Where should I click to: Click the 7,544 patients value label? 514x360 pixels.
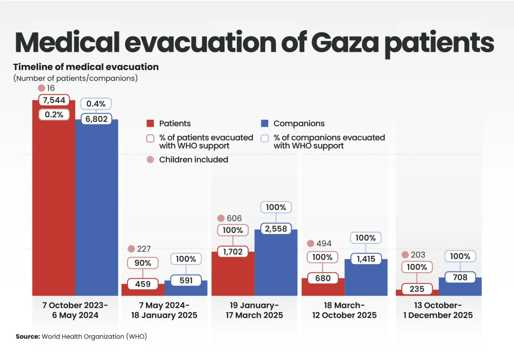(x=54, y=100)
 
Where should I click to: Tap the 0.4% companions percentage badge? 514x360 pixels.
(x=96, y=104)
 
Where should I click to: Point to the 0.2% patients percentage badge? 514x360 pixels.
(x=54, y=114)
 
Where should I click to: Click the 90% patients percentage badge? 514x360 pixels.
(x=142, y=263)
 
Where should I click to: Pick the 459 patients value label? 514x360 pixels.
(x=142, y=284)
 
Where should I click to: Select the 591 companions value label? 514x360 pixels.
(x=186, y=280)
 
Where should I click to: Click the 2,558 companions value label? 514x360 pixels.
(x=276, y=229)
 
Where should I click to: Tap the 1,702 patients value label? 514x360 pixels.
(x=233, y=251)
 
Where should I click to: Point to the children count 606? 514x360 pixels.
(x=234, y=219)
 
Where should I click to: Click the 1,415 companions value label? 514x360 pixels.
(x=366, y=259)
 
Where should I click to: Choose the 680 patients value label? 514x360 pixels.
(x=322, y=278)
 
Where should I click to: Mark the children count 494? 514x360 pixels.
(x=324, y=244)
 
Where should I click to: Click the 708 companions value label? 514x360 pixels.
(x=460, y=277)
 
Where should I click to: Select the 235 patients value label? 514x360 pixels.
(x=417, y=289)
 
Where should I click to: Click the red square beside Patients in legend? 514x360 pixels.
(x=151, y=123)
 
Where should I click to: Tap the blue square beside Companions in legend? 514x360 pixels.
(x=265, y=123)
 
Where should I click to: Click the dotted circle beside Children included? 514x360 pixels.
(x=151, y=159)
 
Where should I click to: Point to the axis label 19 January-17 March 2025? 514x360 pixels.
(x=254, y=310)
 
